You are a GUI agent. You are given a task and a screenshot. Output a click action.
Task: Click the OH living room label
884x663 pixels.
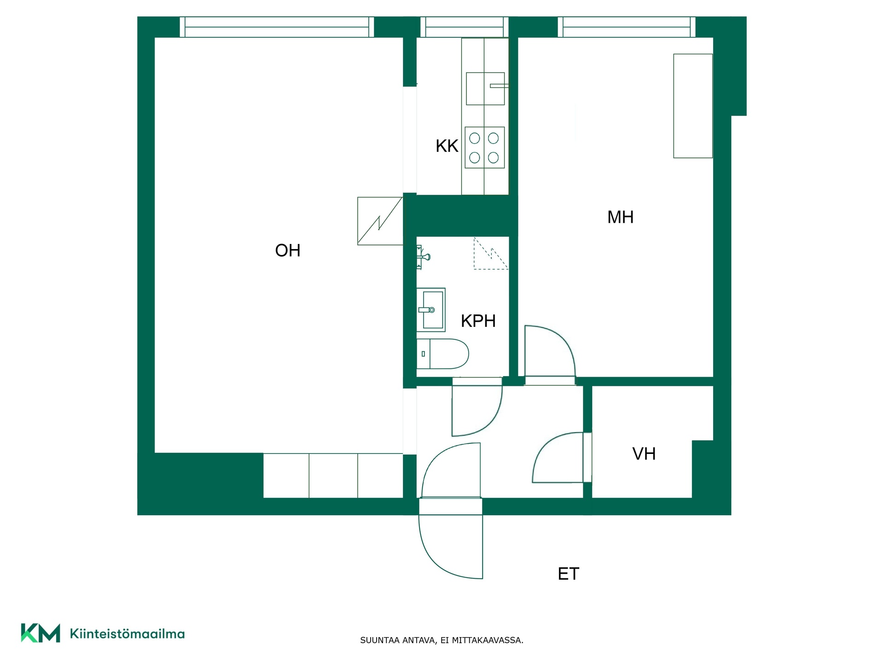(x=288, y=250)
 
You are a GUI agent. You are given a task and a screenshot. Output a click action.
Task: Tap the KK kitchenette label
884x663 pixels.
(x=447, y=146)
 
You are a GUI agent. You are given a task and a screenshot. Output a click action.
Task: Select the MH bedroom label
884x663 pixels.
(x=620, y=217)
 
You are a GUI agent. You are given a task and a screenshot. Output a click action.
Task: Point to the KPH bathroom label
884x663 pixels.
(x=478, y=321)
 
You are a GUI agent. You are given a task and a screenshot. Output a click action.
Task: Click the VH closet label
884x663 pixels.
(x=644, y=454)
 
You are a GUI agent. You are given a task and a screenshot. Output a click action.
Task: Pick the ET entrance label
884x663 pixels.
(x=568, y=574)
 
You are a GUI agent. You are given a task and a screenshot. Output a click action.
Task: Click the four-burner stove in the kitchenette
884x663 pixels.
(x=484, y=147)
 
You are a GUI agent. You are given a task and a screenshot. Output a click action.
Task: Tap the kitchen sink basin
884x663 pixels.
(x=485, y=88)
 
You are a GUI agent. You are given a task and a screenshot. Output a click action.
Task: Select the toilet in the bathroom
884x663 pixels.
(x=442, y=354)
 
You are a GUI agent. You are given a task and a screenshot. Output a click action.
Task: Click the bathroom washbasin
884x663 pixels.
(x=431, y=310)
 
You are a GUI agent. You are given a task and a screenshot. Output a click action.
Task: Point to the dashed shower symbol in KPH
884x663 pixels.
(x=491, y=253)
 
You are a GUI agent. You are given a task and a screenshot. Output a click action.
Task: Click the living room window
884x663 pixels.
(x=277, y=27)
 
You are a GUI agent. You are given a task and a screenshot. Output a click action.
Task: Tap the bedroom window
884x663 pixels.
(x=627, y=27)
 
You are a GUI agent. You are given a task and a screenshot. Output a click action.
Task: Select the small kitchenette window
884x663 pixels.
(x=464, y=27)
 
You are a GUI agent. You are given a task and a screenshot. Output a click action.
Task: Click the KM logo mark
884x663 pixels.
(x=41, y=633)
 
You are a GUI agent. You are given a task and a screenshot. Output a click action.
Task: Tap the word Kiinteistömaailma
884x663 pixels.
(x=127, y=634)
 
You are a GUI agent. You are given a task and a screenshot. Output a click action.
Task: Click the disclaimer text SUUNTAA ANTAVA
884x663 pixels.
(x=398, y=640)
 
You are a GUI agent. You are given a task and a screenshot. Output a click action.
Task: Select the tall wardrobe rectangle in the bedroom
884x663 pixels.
(x=693, y=106)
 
